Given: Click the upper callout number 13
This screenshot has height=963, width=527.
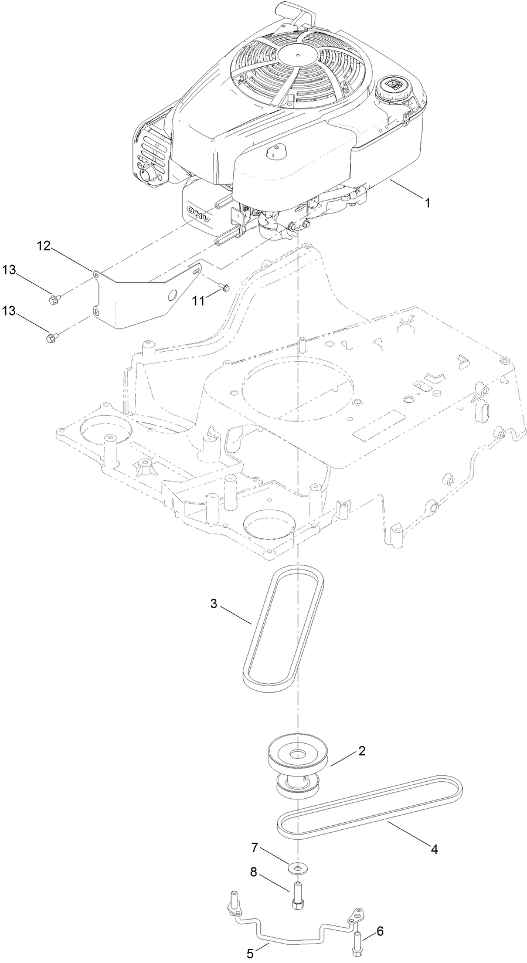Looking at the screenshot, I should (8, 269).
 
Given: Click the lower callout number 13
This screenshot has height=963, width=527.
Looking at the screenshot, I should (8, 309).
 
